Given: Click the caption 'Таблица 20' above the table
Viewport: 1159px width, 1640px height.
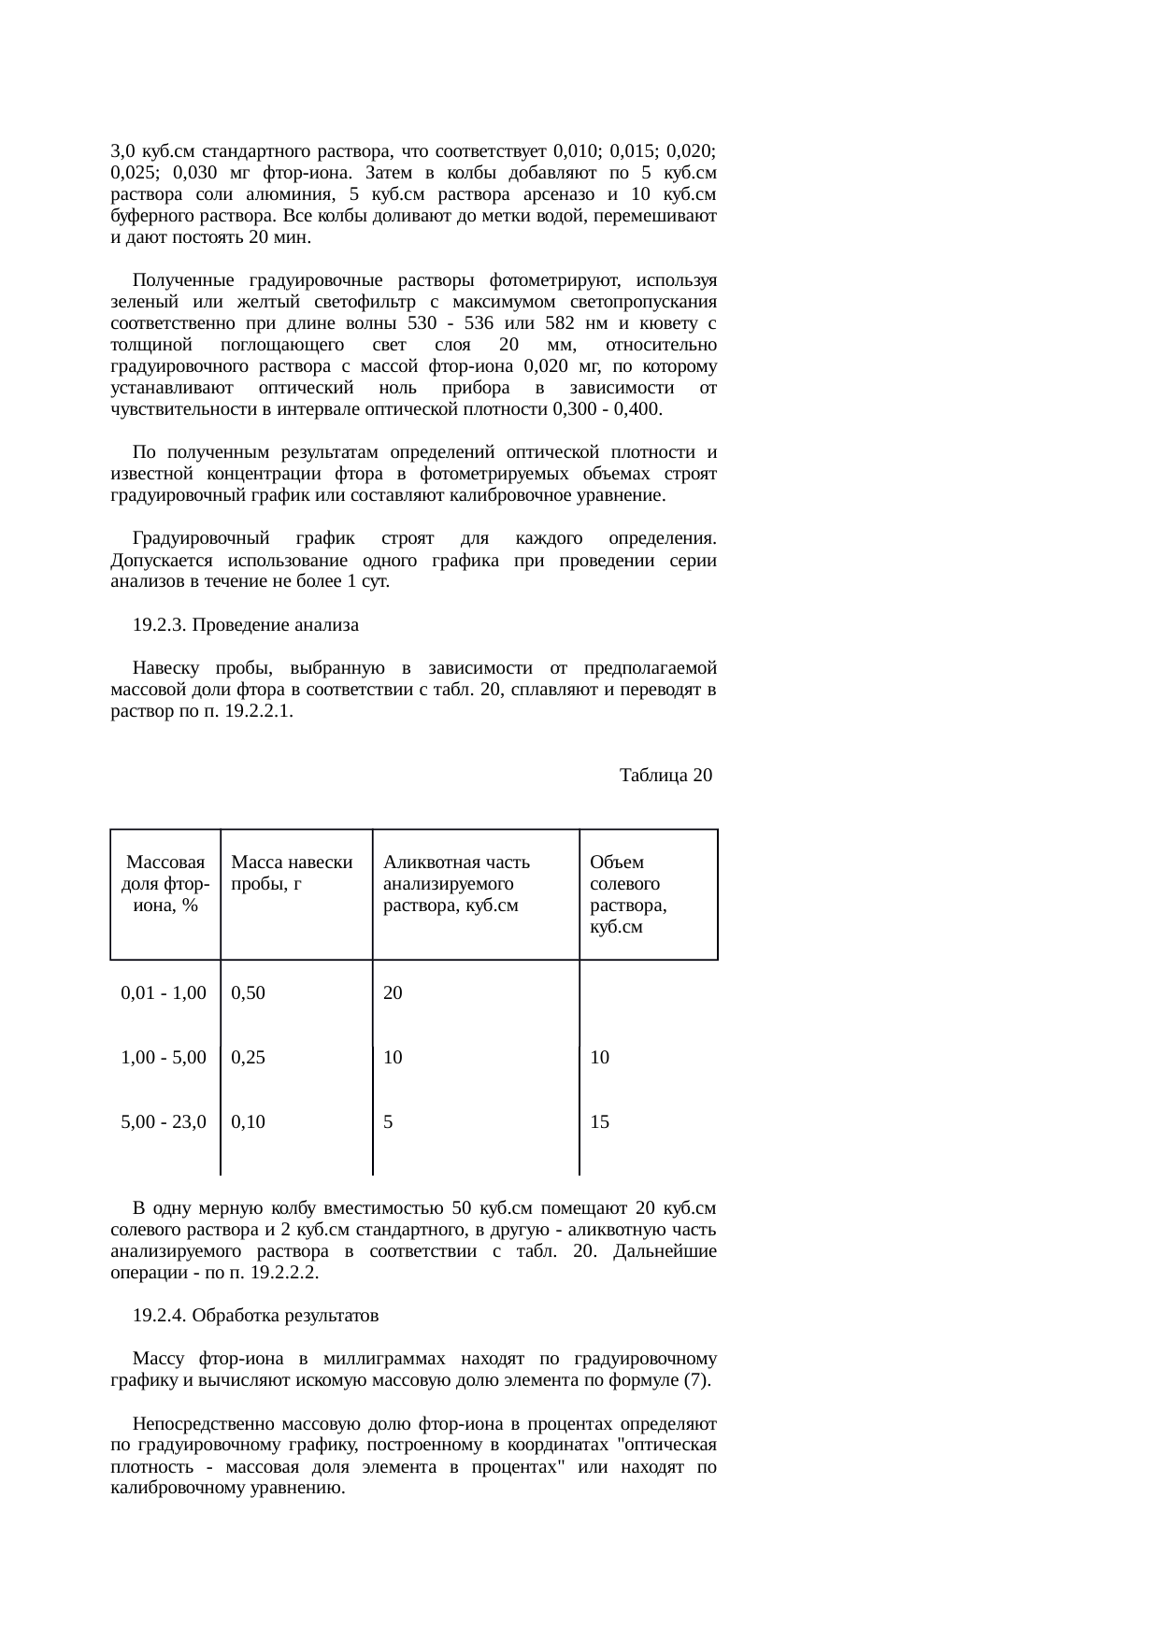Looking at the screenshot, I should [x=665, y=776].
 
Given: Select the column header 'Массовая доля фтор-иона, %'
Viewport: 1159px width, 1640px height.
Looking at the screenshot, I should [x=165, y=883].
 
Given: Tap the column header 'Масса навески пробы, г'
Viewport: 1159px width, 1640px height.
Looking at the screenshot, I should [x=292, y=873].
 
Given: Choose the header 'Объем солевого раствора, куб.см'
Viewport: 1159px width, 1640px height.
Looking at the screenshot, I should [x=628, y=894].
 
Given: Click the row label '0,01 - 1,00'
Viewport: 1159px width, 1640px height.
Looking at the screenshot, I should [x=164, y=992].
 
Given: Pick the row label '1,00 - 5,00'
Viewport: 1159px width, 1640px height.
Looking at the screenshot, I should [x=164, y=1058].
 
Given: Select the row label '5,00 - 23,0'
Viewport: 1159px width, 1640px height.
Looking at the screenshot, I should [x=164, y=1122].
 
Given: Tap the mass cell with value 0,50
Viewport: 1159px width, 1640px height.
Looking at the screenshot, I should [x=249, y=992].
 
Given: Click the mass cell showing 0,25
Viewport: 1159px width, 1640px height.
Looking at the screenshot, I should [x=249, y=1058].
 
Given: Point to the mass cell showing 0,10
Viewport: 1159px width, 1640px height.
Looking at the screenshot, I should [x=249, y=1122].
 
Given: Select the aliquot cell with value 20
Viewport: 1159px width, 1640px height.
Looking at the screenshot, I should [x=393, y=992].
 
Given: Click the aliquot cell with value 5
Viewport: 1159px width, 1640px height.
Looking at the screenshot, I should [x=388, y=1122].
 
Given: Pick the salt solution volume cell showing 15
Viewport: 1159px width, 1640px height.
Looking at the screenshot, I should [x=600, y=1122].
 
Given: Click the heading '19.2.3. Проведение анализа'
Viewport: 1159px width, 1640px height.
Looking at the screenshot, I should [x=246, y=625].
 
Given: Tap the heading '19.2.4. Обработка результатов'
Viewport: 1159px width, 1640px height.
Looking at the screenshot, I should [x=255, y=1316].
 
